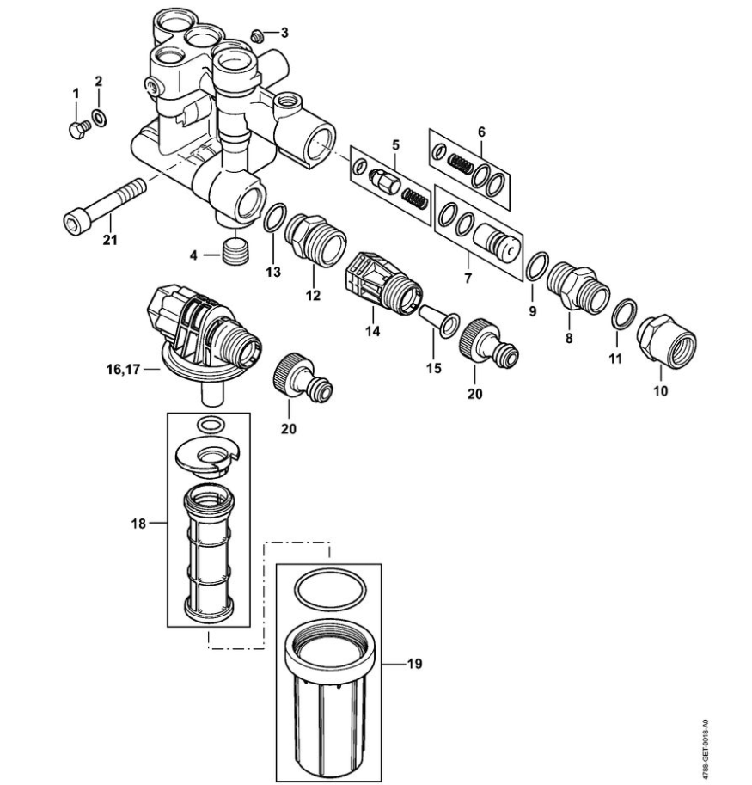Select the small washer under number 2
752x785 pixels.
[x=99, y=116]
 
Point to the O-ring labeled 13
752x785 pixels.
[x=274, y=218]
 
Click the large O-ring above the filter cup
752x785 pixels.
[x=327, y=590]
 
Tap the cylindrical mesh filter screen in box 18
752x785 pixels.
[x=207, y=550]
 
